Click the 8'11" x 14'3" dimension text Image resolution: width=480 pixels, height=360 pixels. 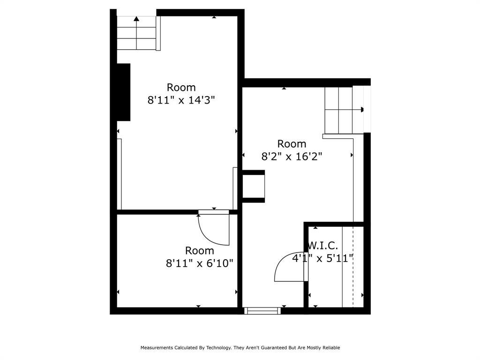pos(181,100)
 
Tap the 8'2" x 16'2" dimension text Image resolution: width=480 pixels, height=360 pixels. pos(292,157)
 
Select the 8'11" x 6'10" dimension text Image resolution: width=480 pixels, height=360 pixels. pos(199,263)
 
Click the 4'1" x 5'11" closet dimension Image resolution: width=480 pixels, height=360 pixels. pos(322,258)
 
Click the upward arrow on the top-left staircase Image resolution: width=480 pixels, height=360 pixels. pos(136,19)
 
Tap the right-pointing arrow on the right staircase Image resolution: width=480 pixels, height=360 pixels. pos(362,110)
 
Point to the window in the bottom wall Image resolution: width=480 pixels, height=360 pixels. pos(262,310)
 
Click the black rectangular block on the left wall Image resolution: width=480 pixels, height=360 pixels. pos(123,92)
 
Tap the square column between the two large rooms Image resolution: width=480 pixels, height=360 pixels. pos(253,187)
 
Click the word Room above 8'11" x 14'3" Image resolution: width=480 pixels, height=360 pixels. pos(181,88)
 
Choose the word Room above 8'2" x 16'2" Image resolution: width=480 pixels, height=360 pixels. pos(292,144)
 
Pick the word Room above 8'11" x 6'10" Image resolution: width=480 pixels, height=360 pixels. pos(199,251)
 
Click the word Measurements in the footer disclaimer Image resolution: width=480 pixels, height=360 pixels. pos(157,348)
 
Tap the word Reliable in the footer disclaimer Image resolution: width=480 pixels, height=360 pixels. pos(330,348)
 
